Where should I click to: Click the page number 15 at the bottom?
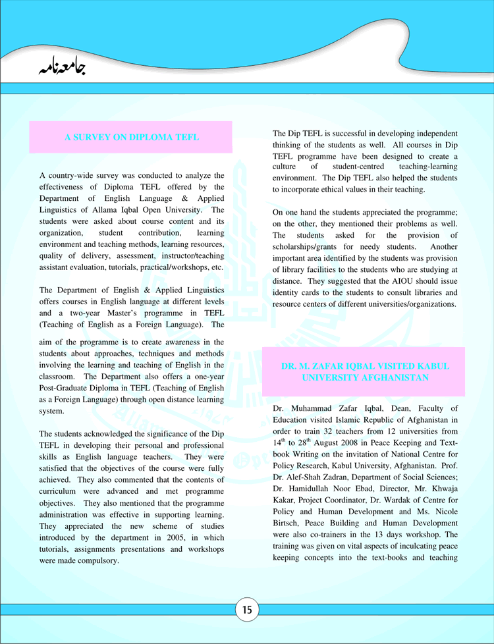(247, 610)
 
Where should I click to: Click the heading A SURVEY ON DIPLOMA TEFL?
(131, 137)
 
